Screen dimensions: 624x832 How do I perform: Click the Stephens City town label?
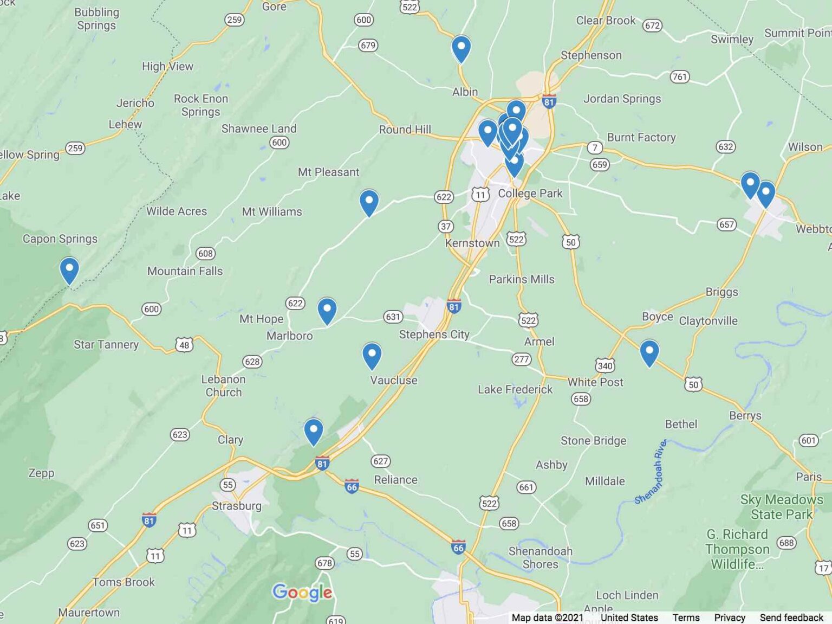(x=434, y=334)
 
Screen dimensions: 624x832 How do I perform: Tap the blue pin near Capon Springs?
(x=69, y=269)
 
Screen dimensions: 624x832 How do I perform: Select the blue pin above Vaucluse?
(x=372, y=355)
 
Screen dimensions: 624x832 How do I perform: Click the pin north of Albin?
(x=461, y=48)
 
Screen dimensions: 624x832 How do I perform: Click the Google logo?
(x=302, y=592)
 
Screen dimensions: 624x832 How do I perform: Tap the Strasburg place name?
(x=237, y=506)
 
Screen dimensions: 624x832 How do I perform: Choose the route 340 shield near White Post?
(x=605, y=365)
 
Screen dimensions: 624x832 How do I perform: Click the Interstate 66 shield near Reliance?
(x=352, y=487)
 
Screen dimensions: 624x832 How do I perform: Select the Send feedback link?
(x=791, y=617)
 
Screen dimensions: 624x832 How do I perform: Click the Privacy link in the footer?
(x=729, y=617)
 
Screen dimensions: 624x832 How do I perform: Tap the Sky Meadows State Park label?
(x=781, y=506)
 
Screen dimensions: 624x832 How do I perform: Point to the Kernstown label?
(x=472, y=243)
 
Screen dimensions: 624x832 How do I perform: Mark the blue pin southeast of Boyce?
(x=649, y=352)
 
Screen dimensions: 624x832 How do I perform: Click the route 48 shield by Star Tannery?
(x=184, y=345)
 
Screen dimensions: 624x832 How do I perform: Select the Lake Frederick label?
(x=515, y=389)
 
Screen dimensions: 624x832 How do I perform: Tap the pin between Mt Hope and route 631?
(x=327, y=310)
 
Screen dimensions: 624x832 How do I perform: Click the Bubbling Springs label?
(x=96, y=18)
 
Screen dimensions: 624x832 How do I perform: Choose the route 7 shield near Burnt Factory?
(x=595, y=147)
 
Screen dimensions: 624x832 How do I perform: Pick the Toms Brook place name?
(x=123, y=582)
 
